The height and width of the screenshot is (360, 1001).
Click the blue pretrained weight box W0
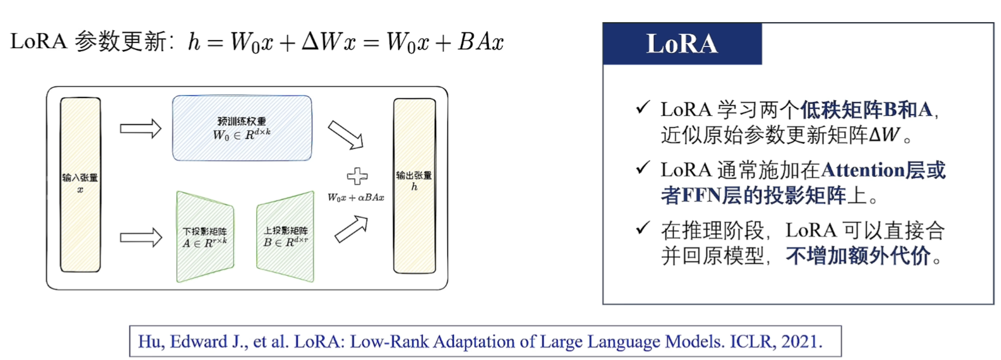[242, 128]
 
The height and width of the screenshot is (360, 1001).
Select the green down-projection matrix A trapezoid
[205, 237]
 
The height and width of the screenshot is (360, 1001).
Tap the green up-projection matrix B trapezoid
[286, 237]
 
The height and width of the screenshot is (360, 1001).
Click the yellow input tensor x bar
[80, 185]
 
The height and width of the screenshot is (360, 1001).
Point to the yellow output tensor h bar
[414, 186]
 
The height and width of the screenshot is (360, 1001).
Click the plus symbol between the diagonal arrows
[357, 176]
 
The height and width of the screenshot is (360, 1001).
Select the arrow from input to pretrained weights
[141, 129]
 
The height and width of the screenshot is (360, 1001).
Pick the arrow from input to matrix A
[141, 238]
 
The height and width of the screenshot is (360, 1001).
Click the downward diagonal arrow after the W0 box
[346, 135]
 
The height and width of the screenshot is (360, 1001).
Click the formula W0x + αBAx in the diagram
[356, 198]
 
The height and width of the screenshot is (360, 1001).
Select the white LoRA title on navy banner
[682, 44]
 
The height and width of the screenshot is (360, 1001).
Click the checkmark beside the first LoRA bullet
[643, 107]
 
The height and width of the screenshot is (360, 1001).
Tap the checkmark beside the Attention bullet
[643, 167]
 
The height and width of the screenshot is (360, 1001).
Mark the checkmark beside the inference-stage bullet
[643, 228]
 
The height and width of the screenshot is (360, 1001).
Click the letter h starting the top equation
[194, 42]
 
